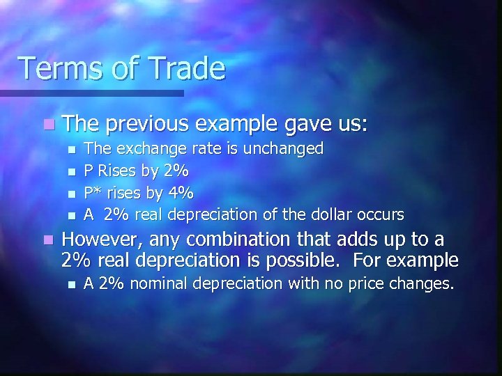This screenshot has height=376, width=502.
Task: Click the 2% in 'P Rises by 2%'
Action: coord(174,170)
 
